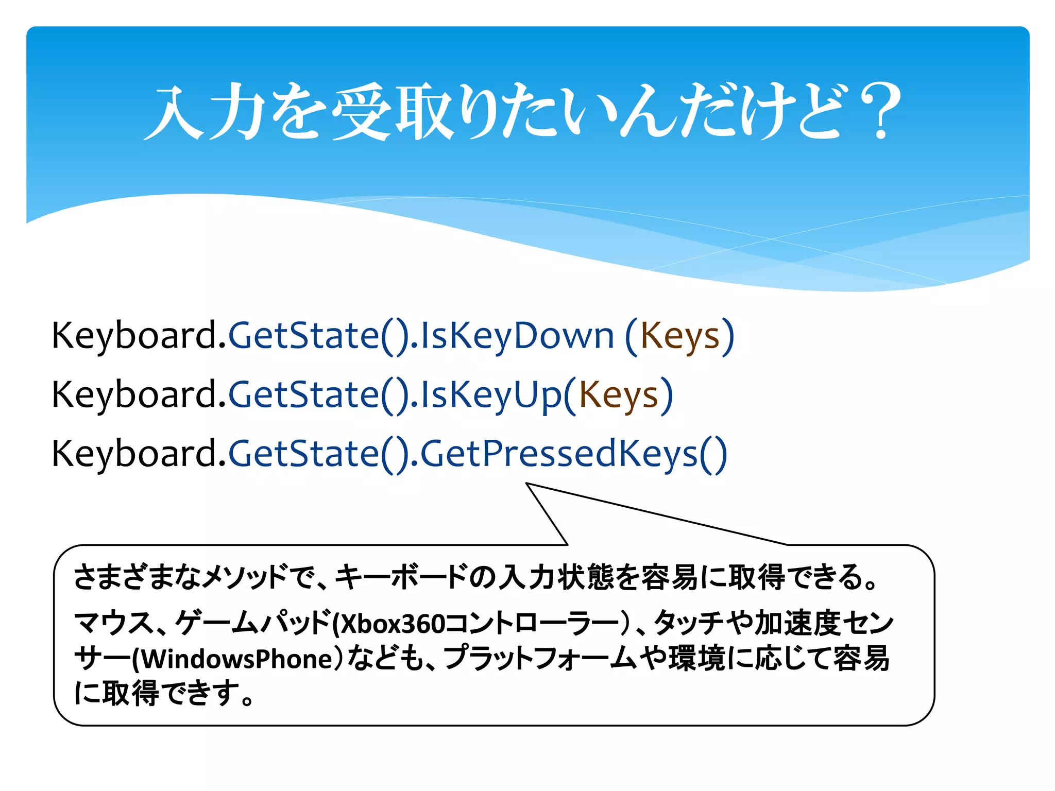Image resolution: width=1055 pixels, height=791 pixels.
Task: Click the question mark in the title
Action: pos(880,111)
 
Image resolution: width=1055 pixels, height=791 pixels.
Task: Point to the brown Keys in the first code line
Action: pos(679,336)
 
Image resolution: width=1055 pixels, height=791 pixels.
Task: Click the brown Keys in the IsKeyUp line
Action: pos(619,395)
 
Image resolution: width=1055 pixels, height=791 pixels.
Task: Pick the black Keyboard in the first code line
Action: pos(135,336)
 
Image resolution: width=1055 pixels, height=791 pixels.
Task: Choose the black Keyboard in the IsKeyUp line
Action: pos(135,395)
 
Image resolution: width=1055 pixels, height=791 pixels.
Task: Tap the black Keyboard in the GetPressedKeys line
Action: pos(135,454)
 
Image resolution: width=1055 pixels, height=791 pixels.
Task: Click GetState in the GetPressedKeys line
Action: pos(304,454)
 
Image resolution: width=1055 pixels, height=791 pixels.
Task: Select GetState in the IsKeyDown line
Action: pos(304,336)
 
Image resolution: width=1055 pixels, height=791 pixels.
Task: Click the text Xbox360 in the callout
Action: pos(392,624)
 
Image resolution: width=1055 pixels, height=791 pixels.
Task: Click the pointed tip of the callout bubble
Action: pos(527,484)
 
